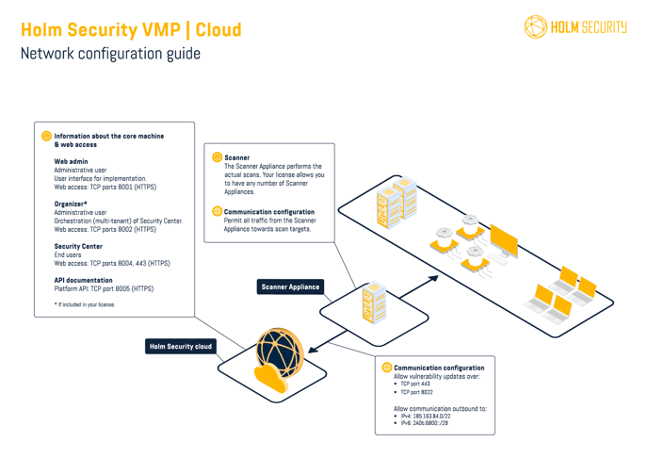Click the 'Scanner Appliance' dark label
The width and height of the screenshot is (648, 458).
[x=290, y=286]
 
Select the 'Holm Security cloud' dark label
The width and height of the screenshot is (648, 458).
[x=180, y=347]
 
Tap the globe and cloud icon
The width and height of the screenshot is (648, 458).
[x=275, y=359]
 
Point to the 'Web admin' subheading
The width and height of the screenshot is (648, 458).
[x=71, y=162]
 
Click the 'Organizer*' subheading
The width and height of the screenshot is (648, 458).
[x=71, y=204]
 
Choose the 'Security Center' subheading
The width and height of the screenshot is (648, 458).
[x=78, y=246]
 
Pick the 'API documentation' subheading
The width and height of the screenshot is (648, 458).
[x=84, y=280]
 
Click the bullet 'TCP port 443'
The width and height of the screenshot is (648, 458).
[x=415, y=384]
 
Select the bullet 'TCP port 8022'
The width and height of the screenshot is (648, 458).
[x=417, y=393]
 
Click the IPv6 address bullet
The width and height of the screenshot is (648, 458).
[x=424, y=424]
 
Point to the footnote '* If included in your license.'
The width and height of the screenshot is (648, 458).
[x=85, y=304]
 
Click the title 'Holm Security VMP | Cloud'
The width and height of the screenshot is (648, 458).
[x=130, y=30]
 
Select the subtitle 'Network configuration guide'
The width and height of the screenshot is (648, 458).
[x=110, y=54]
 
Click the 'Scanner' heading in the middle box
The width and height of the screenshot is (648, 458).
[x=237, y=157]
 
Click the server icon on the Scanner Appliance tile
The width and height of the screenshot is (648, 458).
[x=375, y=300]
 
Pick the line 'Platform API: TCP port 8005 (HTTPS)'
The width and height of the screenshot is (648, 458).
[x=104, y=288]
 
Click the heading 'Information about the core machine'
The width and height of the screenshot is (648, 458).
[x=109, y=136]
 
